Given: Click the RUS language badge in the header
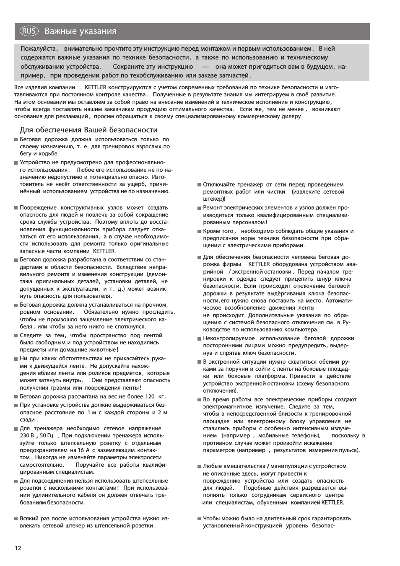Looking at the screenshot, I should tap(29, 31).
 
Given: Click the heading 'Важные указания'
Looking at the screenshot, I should tap(81, 31).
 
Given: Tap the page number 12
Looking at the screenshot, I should tap(17, 548).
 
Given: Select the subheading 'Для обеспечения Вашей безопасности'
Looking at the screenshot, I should tap(88, 130).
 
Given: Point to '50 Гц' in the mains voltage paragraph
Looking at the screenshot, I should tap(47, 436).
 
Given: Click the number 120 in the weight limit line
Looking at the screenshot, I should tap(150, 396).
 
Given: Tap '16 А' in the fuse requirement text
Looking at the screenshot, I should tap(84, 450).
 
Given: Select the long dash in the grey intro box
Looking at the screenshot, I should tap(205, 67).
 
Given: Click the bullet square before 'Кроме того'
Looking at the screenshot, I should tap(199, 231).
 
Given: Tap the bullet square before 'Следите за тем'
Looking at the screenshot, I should tap(16, 336).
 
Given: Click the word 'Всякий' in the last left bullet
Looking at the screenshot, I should tap(29, 518).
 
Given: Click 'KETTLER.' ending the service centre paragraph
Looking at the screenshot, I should tap(332, 502).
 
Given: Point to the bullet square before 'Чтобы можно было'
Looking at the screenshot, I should tap(199, 519).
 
